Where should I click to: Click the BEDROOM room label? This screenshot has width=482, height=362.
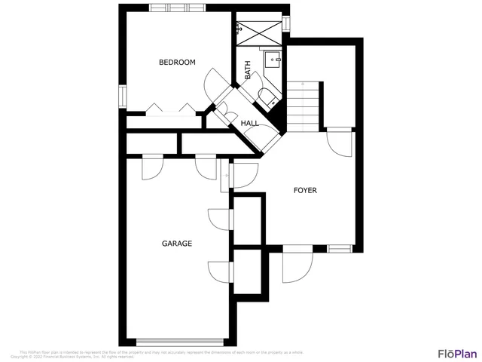coord(177,63)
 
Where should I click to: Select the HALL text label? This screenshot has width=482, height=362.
coord(249,123)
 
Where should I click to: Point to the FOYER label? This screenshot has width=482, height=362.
coord(305,190)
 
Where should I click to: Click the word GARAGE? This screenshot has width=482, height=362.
coord(177,244)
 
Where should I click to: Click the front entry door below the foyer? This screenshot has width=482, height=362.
coord(297,264)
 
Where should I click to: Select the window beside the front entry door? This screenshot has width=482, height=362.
coord(340,248)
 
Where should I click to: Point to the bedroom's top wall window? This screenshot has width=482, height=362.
coord(178,8)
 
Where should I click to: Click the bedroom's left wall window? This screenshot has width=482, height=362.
coord(122,97)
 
